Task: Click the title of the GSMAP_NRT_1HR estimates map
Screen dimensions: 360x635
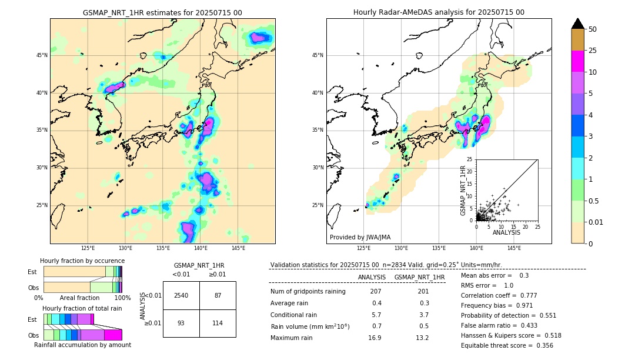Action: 162,12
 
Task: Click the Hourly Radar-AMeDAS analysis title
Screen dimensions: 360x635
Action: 439,12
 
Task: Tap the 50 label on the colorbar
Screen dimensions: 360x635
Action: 593,29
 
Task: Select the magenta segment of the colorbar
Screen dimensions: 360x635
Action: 578,61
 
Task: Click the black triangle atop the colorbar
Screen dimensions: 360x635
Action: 578,24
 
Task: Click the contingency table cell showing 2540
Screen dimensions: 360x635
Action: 181,295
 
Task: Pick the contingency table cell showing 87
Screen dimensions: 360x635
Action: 218,295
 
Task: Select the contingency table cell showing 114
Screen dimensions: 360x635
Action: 218,323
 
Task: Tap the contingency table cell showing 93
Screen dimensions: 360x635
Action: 181,323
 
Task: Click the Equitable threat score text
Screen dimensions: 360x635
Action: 507,345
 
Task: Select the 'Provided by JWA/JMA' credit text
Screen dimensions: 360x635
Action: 360,237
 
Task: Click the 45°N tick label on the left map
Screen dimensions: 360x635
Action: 42,55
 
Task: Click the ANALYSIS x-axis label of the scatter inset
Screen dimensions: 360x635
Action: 506,232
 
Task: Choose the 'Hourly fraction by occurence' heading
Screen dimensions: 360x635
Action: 82,261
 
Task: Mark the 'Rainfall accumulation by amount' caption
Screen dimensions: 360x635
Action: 82,345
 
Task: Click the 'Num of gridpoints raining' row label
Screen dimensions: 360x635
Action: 308,291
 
